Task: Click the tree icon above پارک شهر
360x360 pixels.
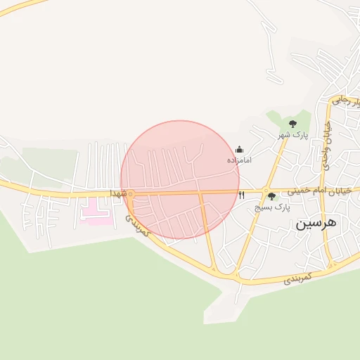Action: tap(292, 124)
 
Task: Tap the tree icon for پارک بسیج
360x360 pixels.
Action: tap(271, 197)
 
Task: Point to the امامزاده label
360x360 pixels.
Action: tap(239, 160)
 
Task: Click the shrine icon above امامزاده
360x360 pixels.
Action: tap(239, 149)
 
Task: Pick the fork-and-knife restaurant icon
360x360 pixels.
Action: tap(242, 195)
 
